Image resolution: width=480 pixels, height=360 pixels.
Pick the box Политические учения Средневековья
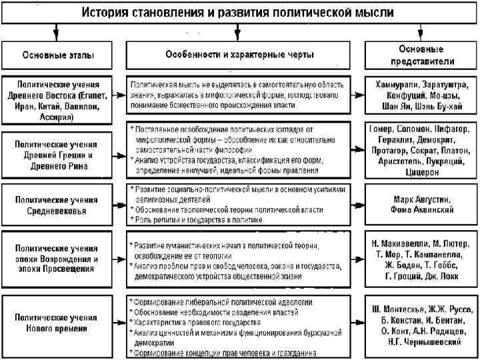coord(58,205)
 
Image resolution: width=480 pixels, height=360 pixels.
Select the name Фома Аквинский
coord(422,209)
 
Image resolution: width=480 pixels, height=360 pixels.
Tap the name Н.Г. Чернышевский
coord(422,341)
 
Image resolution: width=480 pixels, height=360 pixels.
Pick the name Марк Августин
coord(422,199)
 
